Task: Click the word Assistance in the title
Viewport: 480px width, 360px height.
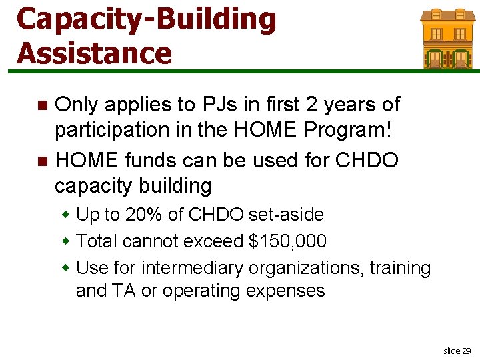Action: point(94,52)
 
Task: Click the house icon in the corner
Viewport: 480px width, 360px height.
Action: point(447,39)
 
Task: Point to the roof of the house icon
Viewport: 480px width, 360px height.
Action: point(447,15)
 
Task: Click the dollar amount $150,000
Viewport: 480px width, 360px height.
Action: point(287,241)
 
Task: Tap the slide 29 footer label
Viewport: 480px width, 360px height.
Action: point(457,351)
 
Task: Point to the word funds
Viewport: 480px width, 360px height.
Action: point(151,161)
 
